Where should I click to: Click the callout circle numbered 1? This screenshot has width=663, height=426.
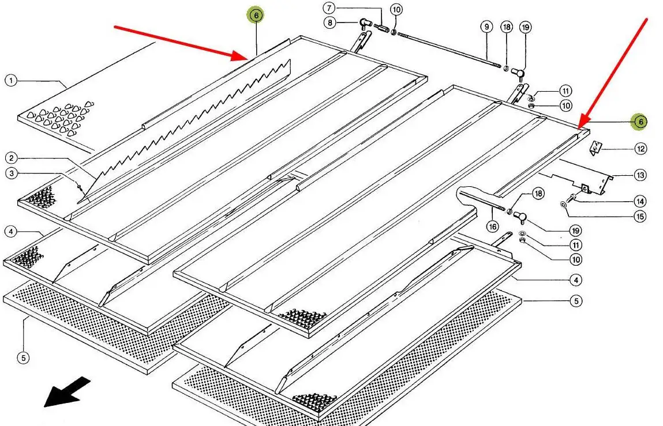pos(11,80)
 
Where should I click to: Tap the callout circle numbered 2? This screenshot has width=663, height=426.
pos(11,157)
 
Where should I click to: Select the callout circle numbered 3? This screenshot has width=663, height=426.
pos(11,173)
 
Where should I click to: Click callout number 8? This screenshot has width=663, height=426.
pos(329,23)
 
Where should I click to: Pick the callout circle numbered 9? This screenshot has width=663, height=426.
pos(486,27)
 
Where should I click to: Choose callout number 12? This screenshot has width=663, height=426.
pos(640,149)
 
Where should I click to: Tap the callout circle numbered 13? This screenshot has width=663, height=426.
pos(640,175)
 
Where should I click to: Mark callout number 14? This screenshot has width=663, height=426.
pos(640,202)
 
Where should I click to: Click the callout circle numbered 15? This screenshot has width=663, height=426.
pos(640,217)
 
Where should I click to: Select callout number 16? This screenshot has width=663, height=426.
pos(492,227)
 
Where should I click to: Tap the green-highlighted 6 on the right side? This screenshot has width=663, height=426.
pos(639,122)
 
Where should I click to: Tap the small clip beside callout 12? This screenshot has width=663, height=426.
pos(595,149)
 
